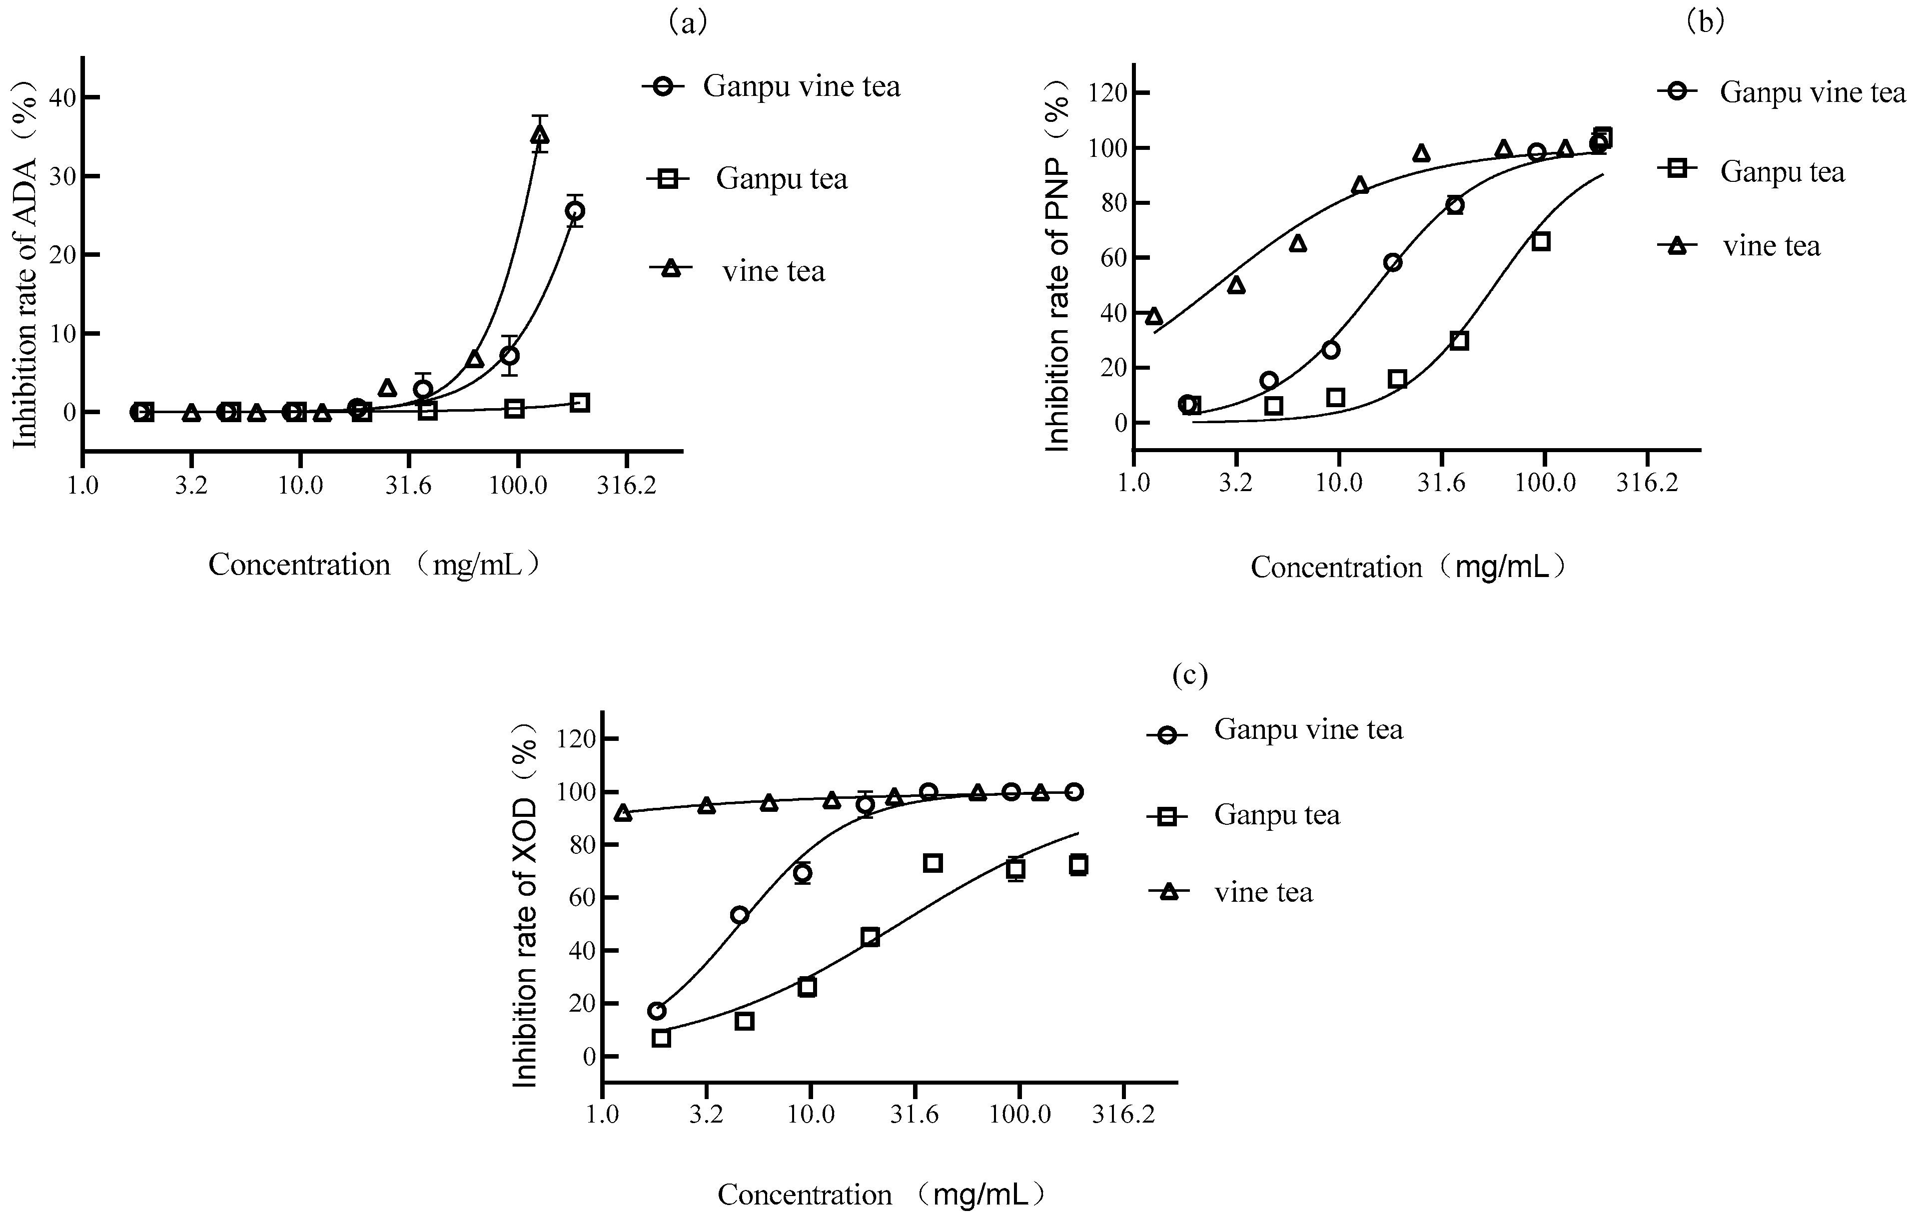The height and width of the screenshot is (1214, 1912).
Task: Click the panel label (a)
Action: coord(688,22)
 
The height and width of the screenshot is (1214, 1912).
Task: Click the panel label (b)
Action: coord(1705,22)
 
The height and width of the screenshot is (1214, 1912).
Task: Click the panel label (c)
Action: coord(1189,675)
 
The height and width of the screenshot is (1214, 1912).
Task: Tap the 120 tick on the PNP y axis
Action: coord(1108,93)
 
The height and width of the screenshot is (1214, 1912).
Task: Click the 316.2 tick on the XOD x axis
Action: coord(1123,1115)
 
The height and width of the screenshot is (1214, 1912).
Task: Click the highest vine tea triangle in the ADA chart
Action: coord(540,135)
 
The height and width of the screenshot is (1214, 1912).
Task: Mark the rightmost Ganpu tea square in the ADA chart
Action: coord(580,403)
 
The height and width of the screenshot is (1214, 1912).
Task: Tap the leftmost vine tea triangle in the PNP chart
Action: coord(1154,317)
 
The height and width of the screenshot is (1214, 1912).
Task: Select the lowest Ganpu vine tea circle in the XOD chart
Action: coord(657,1011)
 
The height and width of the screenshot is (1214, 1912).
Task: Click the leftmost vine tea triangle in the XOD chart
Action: coord(623,812)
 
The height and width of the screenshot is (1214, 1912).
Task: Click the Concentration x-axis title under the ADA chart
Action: coord(373,565)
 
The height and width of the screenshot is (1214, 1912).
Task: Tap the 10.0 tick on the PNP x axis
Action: coord(1339,483)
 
